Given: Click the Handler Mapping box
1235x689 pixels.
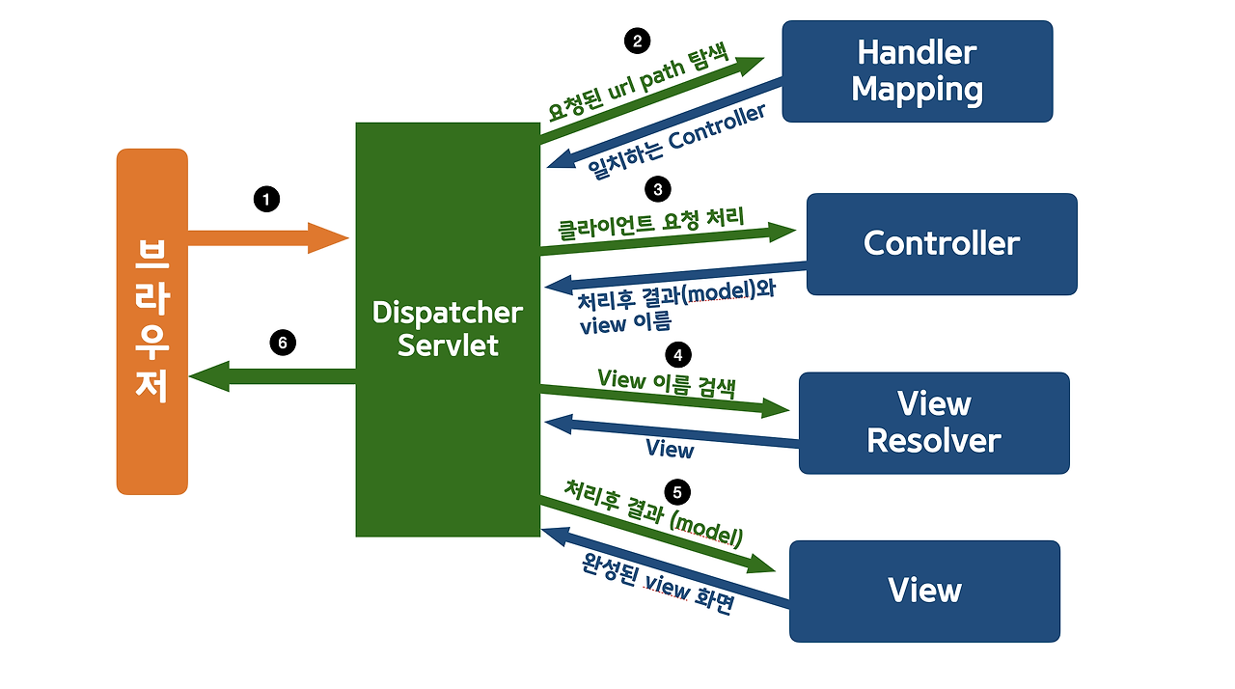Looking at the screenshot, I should (917, 71).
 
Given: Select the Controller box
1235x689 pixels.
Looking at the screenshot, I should (941, 243).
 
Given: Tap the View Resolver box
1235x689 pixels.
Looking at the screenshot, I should (933, 423).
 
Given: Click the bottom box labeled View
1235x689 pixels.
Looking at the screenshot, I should (923, 591).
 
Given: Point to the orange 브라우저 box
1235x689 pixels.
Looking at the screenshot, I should (151, 321).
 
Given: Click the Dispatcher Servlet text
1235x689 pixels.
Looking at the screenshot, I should (448, 329).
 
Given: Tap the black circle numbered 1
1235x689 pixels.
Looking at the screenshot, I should (265, 199).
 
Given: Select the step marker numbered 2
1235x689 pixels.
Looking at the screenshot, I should (636, 41).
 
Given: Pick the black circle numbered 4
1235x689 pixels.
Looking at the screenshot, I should (678, 355).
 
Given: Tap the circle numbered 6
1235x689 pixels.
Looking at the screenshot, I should (282, 343).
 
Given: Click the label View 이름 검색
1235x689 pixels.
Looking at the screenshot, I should (666, 383).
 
